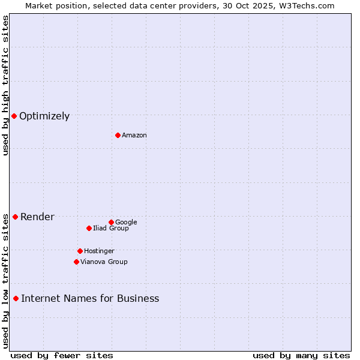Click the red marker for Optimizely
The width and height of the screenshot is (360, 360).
14,116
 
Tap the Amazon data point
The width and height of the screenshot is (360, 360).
118,135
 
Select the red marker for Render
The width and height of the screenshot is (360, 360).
15,217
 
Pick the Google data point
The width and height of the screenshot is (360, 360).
111,222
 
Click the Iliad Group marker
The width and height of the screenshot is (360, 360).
89,228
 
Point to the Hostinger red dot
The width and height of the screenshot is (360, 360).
80,251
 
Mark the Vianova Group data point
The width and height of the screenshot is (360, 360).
76,262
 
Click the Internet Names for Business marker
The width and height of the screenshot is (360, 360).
16,298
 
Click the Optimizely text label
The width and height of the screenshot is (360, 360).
44,116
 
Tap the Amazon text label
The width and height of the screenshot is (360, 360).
134,136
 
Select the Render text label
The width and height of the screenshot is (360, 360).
37,217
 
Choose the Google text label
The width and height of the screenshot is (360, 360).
126,223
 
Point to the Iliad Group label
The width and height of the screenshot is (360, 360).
111,229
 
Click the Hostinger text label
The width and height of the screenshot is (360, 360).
99,251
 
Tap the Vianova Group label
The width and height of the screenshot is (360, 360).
104,262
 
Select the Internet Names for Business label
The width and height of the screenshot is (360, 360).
90,299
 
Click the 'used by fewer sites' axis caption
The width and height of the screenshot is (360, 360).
62,355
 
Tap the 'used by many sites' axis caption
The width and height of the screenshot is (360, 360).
301,355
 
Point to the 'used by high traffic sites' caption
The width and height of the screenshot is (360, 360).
5,85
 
